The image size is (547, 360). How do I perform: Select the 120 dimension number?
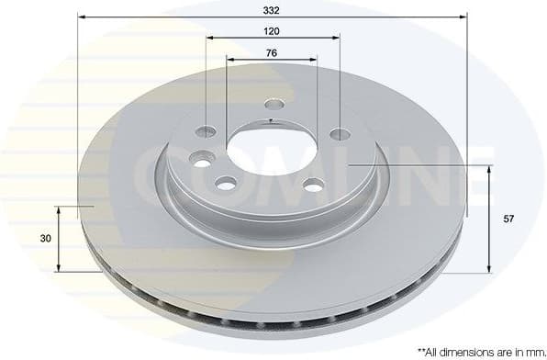[272, 30]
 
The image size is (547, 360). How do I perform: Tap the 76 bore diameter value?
[272, 52]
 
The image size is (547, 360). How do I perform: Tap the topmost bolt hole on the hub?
[273, 104]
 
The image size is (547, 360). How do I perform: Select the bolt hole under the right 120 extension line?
[340, 134]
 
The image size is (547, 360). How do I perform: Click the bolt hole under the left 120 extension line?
[207, 131]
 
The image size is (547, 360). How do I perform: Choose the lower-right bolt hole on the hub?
[314, 186]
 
